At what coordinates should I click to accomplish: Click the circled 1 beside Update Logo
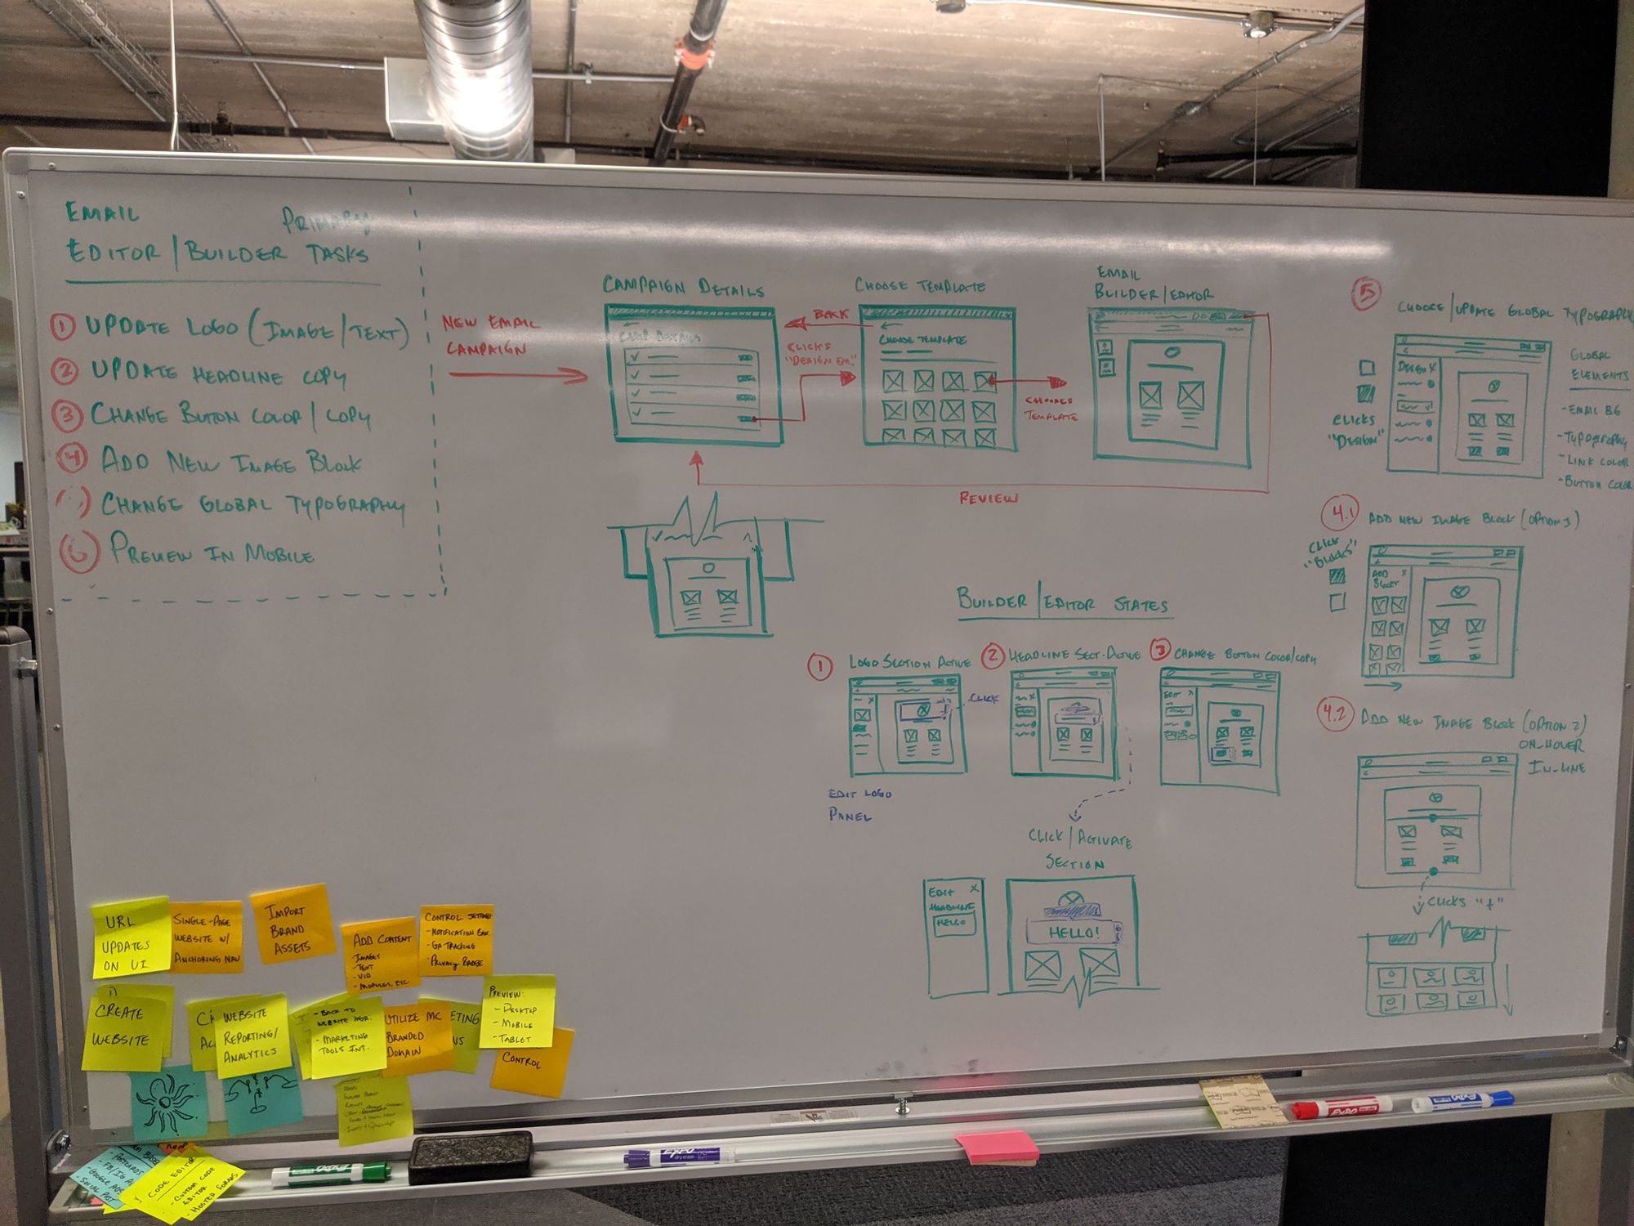(62, 328)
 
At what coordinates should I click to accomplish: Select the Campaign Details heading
(683, 286)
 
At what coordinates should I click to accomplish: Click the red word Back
(831, 315)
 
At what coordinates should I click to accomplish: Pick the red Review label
(989, 498)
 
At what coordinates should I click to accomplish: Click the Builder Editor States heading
(1062, 603)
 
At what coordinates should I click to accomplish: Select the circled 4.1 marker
(1340, 514)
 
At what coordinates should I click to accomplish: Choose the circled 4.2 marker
(1335, 714)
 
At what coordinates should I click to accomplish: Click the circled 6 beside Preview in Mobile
(78, 552)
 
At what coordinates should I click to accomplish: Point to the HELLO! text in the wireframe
(1074, 933)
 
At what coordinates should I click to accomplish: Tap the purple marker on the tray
(678, 1156)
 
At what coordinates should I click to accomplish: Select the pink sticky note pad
(997, 1145)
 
